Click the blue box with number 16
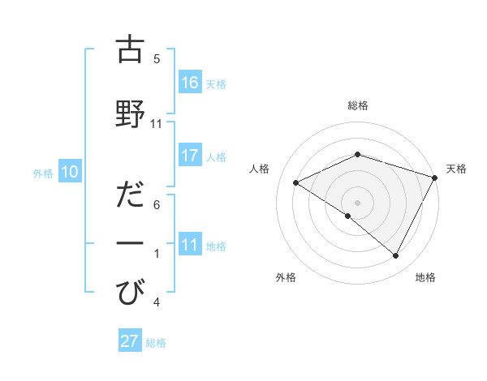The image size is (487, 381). [x=190, y=83]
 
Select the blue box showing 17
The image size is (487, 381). [x=190, y=156]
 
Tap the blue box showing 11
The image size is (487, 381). [x=190, y=245]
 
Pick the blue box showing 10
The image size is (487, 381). [x=70, y=172]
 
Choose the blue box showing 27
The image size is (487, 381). [x=130, y=341]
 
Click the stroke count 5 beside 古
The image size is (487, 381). [x=157, y=59]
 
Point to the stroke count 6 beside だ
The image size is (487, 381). [x=157, y=205]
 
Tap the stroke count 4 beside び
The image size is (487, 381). [x=157, y=302]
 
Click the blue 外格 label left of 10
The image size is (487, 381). [x=43, y=173]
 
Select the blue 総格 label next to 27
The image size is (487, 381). [x=156, y=342]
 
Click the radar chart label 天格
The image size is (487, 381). [x=456, y=169]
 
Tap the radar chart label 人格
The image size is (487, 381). [x=260, y=169]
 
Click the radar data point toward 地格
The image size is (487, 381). [x=396, y=256]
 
